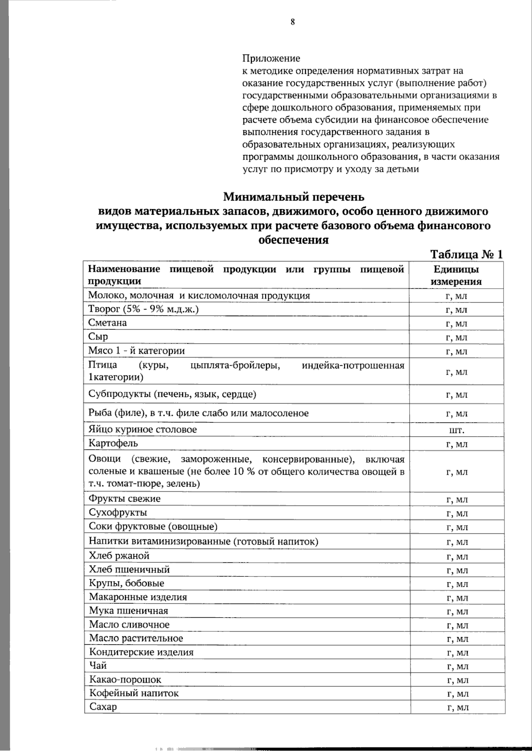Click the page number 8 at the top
[293, 23]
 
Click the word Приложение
[271, 58]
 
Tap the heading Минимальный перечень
[293, 196]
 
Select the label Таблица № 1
[466, 255]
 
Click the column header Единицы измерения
[456, 275]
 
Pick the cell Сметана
[108, 323]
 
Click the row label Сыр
[98, 337]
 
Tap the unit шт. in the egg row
[457, 430]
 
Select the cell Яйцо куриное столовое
[142, 430]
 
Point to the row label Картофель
[113, 443]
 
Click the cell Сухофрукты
[118, 513]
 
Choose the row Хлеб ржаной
[119, 556]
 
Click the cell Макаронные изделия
[138, 597]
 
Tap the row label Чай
[98, 666]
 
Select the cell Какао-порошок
[125, 679]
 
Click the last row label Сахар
[103, 707]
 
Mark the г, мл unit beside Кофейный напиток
[458, 694]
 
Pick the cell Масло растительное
[136, 638]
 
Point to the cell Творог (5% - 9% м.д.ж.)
[143, 309]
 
